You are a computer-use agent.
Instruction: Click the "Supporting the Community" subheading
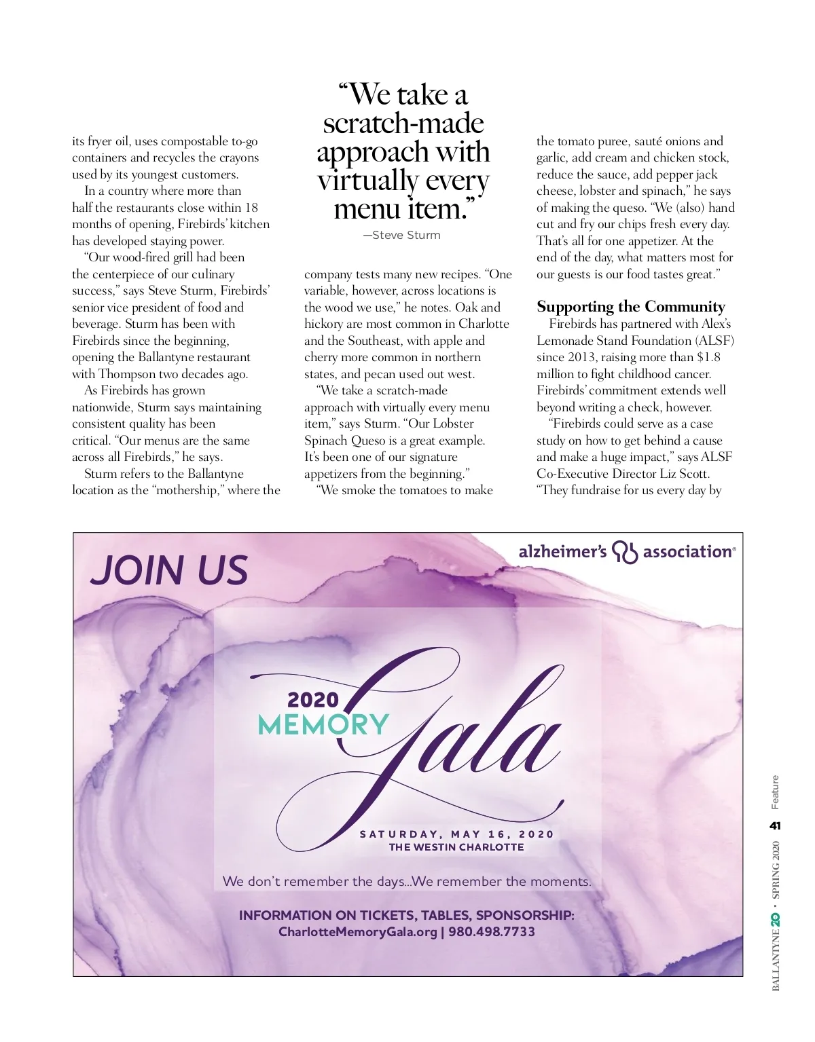click(x=631, y=307)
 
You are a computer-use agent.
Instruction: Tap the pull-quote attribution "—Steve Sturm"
click(x=402, y=236)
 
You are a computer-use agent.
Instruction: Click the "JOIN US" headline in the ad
click(x=169, y=570)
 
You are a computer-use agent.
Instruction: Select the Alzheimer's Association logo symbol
click(x=625, y=553)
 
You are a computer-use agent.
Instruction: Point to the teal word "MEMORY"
click(x=323, y=725)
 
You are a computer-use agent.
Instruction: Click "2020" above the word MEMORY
click(x=312, y=699)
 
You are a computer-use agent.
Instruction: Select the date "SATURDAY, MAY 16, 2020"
click(x=457, y=834)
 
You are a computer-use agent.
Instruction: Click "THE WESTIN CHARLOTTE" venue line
click(x=456, y=847)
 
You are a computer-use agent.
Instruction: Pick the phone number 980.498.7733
click(x=492, y=931)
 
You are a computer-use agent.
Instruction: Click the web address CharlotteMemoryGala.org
click(x=358, y=931)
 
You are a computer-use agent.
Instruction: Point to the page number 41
click(x=775, y=826)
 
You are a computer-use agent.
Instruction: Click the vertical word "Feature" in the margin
click(x=775, y=792)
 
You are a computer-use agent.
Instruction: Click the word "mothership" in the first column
click(x=187, y=490)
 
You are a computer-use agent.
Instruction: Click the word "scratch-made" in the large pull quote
click(x=403, y=124)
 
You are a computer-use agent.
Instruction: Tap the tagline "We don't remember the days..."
click(x=407, y=882)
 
